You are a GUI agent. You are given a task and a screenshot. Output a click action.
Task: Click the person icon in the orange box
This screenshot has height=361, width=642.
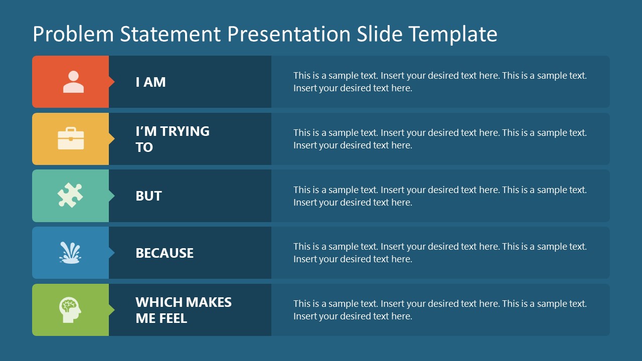click(73, 82)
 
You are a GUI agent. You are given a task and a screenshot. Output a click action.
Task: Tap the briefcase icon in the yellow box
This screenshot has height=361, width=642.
click(71, 139)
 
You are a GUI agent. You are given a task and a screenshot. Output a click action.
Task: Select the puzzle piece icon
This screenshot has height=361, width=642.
click(70, 196)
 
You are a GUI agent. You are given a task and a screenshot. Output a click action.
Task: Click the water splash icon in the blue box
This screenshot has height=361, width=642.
click(70, 253)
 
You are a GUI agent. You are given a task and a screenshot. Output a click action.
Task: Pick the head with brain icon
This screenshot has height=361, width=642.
click(70, 310)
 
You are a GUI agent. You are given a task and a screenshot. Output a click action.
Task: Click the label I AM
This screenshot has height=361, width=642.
click(150, 82)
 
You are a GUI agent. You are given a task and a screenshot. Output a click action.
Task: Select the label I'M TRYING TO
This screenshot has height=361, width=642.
click(172, 139)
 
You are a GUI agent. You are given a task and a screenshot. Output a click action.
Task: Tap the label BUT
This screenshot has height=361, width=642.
click(148, 196)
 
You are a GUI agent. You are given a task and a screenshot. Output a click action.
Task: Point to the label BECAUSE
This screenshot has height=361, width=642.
click(165, 253)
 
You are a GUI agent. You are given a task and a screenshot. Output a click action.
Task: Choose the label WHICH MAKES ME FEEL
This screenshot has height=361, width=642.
click(183, 310)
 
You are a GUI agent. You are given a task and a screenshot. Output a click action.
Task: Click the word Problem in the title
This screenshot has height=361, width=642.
click(73, 35)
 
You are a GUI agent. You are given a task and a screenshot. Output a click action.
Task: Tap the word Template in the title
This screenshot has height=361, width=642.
click(453, 35)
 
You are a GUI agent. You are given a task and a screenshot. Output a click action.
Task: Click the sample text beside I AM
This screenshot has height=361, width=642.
click(440, 82)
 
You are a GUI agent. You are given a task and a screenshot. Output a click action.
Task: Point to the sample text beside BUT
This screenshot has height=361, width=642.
click(440, 196)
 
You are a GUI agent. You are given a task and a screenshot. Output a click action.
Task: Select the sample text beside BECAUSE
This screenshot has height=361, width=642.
click(440, 253)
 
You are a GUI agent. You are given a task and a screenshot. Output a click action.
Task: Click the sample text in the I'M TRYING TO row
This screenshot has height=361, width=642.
click(440, 139)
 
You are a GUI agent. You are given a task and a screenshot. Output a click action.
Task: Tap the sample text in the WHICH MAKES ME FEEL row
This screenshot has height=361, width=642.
click(440, 310)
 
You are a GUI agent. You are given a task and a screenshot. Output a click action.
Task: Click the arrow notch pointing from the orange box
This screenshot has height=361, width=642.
click(111, 82)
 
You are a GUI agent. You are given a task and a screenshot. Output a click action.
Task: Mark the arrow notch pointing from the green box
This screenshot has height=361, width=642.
click(111, 310)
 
